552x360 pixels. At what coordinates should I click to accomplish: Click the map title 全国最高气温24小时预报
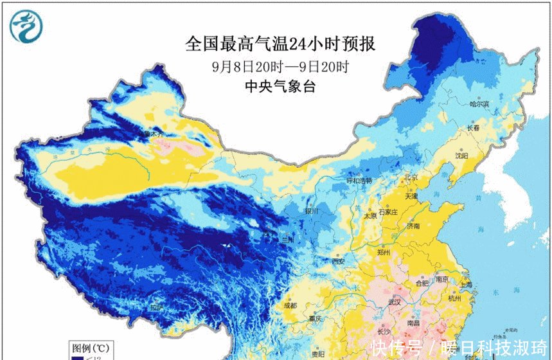280,44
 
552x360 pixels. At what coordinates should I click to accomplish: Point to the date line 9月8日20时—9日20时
280,66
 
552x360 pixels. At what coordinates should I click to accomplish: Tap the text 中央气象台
280,87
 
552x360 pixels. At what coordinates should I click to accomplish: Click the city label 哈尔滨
479,104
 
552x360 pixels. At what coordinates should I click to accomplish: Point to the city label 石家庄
390,212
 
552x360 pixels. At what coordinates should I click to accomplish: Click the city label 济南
413,226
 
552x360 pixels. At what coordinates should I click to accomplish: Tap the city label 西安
339,261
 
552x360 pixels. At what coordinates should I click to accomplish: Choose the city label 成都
291,305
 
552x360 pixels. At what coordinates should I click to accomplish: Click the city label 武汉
393,302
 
